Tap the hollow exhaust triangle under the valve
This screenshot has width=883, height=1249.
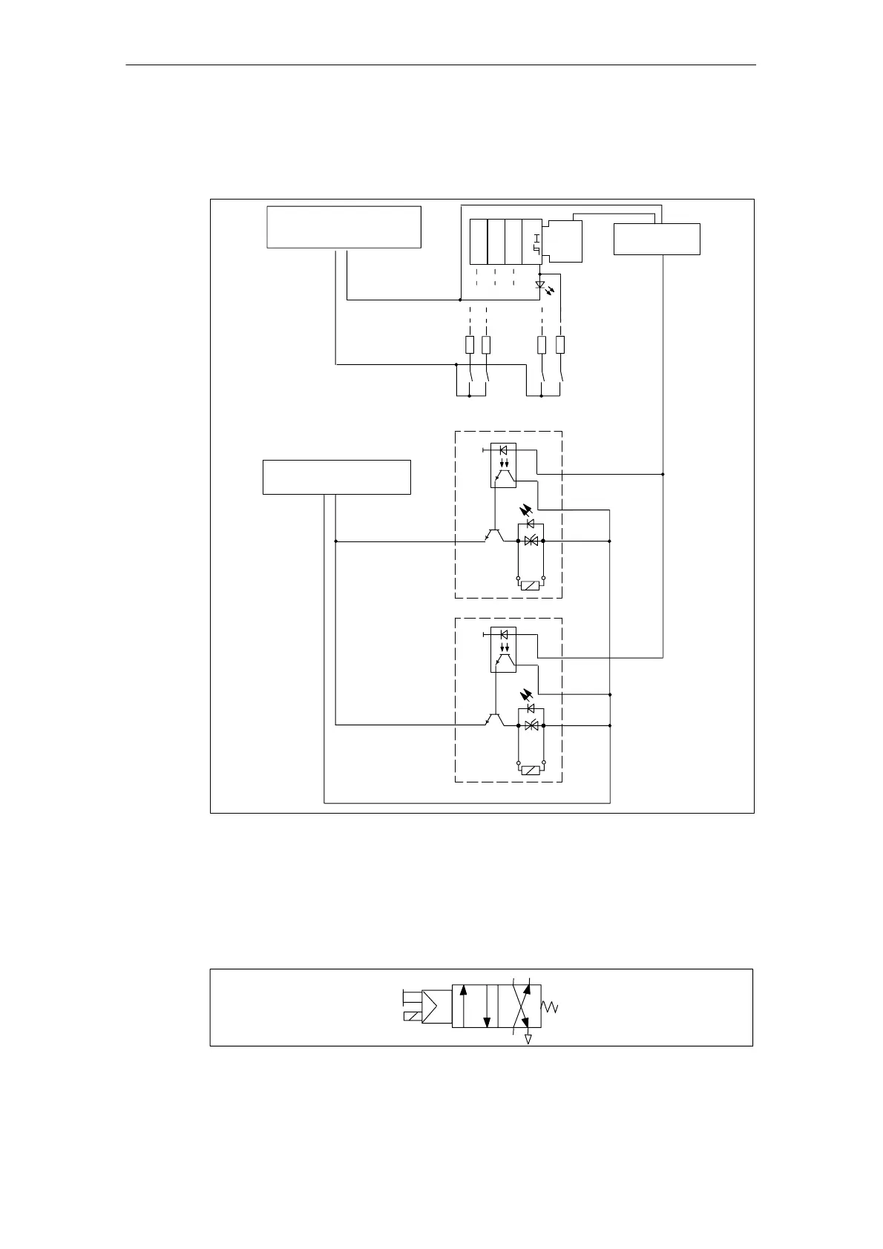[x=528, y=1040]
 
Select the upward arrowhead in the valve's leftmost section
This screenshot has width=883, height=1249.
[x=463, y=990]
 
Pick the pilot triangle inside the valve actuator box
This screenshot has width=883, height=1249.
[x=433, y=1005]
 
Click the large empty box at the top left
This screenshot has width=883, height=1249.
[x=344, y=227]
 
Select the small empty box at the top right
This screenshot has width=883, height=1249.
[x=657, y=239]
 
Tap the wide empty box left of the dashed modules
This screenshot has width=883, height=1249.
[x=336, y=477]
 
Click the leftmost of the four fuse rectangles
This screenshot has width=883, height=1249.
[x=469, y=345]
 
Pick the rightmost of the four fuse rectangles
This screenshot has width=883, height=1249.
[x=560, y=345]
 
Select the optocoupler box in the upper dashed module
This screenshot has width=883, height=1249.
[x=504, y=466]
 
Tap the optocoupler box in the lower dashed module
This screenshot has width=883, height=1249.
[x=504, y=650]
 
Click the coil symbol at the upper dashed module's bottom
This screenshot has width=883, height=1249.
[x=530, y=586]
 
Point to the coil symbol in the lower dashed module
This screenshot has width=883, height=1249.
[x=530, y=771]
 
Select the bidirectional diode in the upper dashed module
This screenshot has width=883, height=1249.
[x=531, y=541]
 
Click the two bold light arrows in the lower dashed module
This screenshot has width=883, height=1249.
[x=526, y=695]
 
